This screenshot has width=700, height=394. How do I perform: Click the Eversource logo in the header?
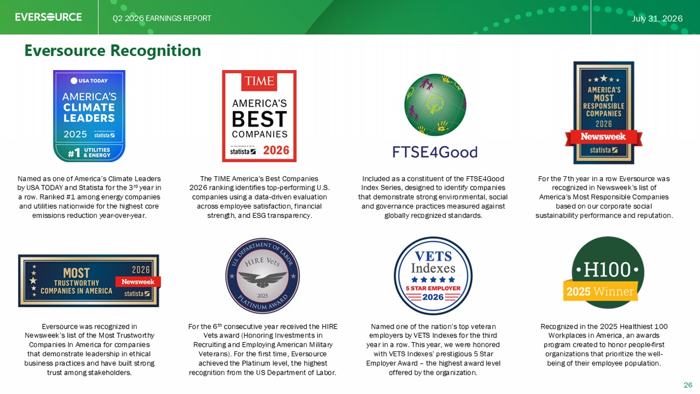point(48,17)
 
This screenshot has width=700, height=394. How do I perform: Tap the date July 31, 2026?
point(657,18)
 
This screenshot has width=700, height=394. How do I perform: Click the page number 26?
point(688,385)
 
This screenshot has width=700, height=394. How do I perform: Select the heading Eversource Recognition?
point(113,50)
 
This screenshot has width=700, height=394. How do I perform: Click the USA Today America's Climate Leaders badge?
point(89,116)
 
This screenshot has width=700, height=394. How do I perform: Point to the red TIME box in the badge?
point(259,81)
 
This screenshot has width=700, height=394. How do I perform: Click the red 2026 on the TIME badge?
point(276,150)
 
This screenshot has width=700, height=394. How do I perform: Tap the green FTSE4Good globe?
point(435,105)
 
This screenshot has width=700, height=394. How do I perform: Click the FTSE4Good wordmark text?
point(435,153)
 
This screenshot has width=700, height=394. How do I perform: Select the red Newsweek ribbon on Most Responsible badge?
point(604,137)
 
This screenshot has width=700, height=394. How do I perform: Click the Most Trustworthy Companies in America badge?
point(89,280)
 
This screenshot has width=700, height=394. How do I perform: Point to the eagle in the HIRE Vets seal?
point(263,278)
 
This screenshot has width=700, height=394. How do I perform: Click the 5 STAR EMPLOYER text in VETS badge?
point(433,288)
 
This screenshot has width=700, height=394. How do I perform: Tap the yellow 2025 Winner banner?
point(600,292)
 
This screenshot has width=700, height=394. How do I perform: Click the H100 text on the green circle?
point(607,269)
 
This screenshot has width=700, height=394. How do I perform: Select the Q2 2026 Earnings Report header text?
point(162,18)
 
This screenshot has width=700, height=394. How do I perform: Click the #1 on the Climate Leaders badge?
point(74,153)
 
